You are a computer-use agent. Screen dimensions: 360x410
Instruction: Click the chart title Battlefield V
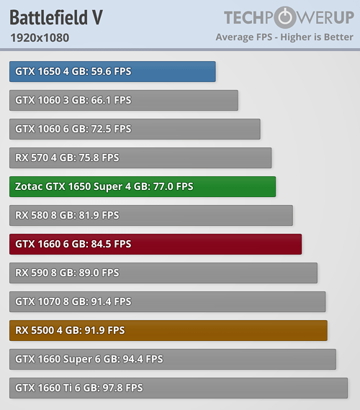[56, 17]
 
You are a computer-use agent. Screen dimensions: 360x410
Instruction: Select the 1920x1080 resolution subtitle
[40, 37]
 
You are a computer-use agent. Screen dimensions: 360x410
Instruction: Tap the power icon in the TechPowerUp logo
[285, 17]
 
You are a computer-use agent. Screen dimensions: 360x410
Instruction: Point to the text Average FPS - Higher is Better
[284, 37]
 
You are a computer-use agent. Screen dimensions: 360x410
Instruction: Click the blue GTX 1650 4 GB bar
[112, 72]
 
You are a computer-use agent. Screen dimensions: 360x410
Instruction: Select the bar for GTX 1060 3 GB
[124, 101]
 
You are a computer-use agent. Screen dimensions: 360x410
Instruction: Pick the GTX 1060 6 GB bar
[135, 129]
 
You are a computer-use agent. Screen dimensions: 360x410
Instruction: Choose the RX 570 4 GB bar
[140, 158]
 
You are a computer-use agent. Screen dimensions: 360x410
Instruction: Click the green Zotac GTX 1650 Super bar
[143, 187]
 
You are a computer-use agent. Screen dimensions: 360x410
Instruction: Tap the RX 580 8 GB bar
[151, 216]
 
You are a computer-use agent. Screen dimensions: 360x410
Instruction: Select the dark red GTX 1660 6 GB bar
[156, 245]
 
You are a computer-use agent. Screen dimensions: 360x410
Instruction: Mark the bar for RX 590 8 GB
[163, 273]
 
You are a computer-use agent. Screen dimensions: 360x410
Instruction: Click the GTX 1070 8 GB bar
[168, 302]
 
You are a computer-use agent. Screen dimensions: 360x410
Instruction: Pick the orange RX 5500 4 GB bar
[168, 330]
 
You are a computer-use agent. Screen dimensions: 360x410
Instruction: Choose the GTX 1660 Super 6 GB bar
[173, 359]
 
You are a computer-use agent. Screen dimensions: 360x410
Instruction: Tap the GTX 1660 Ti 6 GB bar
[179, 388]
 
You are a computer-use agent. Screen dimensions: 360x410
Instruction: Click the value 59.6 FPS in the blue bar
[111, 71]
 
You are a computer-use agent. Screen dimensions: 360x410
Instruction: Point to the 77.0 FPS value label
[173, 186]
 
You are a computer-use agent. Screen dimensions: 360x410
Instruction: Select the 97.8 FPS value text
[122, 388]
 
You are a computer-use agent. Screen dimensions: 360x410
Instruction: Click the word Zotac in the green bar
[29, 186]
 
